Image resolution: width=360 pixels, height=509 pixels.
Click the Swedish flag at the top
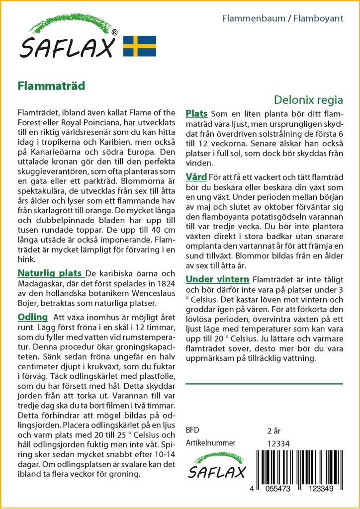coord(140,46)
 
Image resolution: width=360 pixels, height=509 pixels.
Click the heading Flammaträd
coord(51,85)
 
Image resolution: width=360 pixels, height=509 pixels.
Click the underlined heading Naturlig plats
coord(50,273)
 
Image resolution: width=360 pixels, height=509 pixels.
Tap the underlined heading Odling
coord(32,317)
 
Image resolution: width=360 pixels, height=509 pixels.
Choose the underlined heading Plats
coord(196,114)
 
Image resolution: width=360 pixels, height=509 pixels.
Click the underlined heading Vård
coord(196,177)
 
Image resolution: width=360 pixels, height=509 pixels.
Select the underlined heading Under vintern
coord(217,279)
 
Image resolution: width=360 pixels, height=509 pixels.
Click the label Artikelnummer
coord(210,443)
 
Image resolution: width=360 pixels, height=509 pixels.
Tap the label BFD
coord(192,430)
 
